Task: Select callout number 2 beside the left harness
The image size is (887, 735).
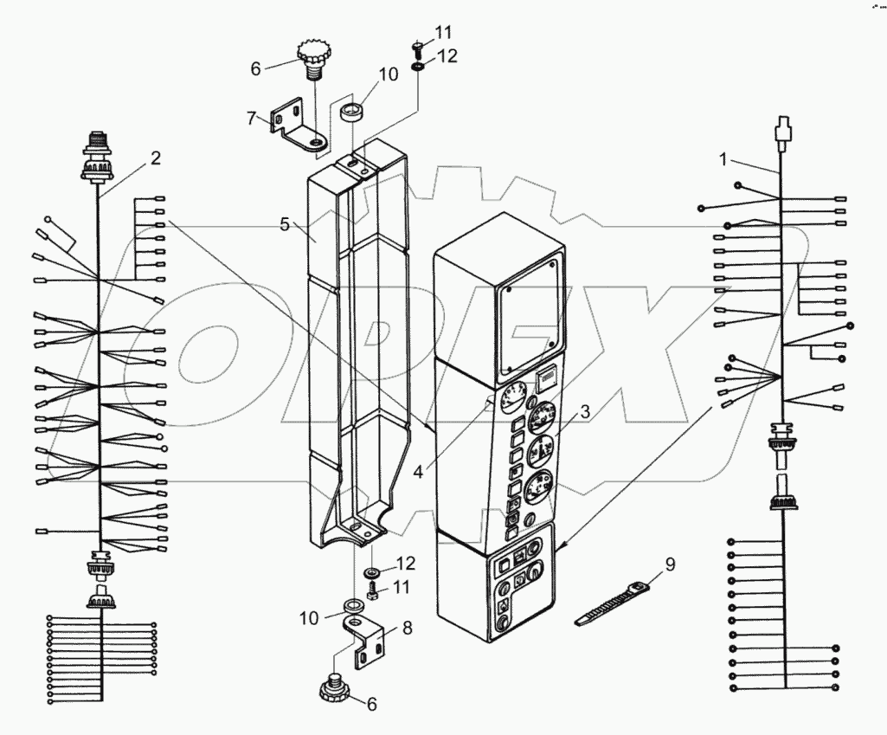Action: click(155, 158)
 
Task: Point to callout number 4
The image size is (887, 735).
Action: click(419, 473)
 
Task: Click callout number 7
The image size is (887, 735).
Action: click(251, 118)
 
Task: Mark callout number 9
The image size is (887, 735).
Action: click(670, 565)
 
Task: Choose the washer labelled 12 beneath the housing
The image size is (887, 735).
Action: click(373, 573)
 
